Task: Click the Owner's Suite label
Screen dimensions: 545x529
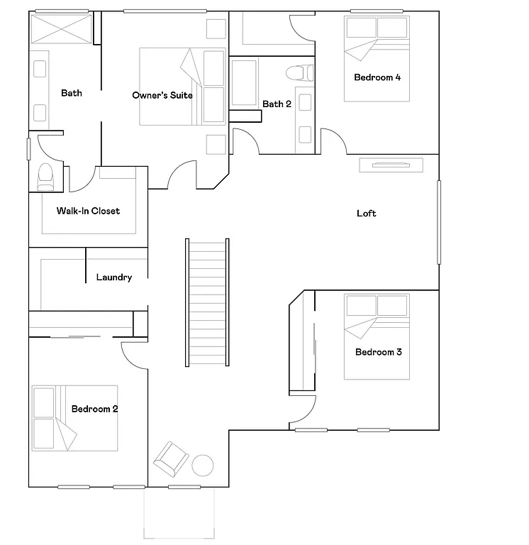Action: pyautogui.click(x=162, y=95)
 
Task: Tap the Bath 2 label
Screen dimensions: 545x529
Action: pyautogui.click(x=277, y=104)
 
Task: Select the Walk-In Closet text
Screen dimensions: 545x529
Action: pyautogui.click(x=88, y=211)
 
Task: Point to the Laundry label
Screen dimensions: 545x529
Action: pyautogui.click(x=114, y=277)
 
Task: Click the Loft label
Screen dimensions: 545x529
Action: pyautogui.click(x=367, y=214)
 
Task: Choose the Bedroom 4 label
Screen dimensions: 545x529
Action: pyautogui.click(x=377, y=77)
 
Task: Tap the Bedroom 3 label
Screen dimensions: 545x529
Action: pyautogui.click(x=379, y=353)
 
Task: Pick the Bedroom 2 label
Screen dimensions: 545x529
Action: pyautogui.click(x=95, y=409)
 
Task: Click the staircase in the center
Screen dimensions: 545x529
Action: pyautogui.click(x=207, y=302)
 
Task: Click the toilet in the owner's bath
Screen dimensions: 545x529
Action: pyautogui.click(x=45, y=176)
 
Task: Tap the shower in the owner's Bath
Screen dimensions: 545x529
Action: pyautogui.click(x=61, y=30)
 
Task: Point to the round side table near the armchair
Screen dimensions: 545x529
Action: pyautogui.click(x=203, y=466)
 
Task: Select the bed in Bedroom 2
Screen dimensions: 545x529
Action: pyautogui.click(x=74, y=419)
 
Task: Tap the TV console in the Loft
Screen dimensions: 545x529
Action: pyautogui.click(x=391, y=165)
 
